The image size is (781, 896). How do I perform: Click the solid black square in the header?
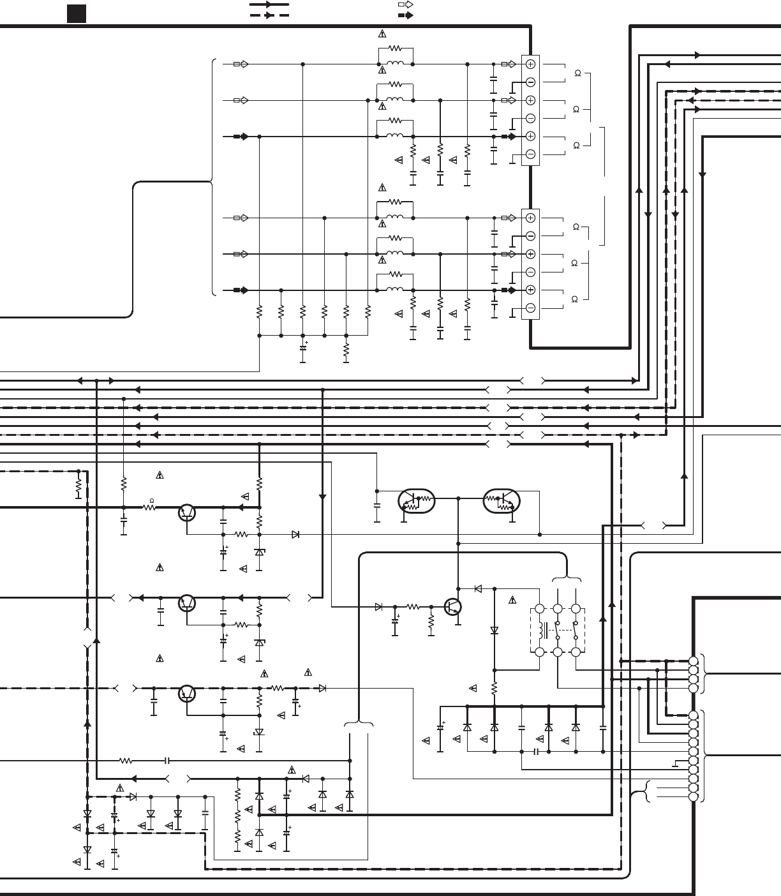click(x=77, y=13)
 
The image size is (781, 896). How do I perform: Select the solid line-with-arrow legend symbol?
click(x=269, y=4)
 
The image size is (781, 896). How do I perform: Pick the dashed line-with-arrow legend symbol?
click(x=269, y=15)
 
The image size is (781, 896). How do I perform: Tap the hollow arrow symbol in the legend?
click(x=405, y=4)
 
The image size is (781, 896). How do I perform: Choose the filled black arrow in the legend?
click(x=405, y=15)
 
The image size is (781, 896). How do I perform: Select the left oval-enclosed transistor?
click(x=416, y=502)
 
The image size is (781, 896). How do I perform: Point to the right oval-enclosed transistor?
click(x=502, y=502)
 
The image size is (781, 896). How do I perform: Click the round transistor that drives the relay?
click(x=452, y=607)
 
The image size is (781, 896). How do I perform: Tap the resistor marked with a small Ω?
click(x=151, y=507)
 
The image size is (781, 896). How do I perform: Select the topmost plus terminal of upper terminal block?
click(x=530, y=64)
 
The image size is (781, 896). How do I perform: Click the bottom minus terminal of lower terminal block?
click(x=530, y=308)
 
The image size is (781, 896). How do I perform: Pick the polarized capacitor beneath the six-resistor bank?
click(x=302, y=348)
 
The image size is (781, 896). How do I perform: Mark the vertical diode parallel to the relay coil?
click(x=495, y=631)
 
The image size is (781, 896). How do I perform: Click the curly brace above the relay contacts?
click(x=567, y=579)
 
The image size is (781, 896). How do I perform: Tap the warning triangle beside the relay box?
click(x=512, y=600)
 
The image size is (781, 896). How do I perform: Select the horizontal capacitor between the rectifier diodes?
click(x=536, y=752)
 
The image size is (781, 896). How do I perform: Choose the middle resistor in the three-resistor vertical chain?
click(x=237, y=816)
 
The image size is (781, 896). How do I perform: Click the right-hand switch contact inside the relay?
click(x=576, y=631)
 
